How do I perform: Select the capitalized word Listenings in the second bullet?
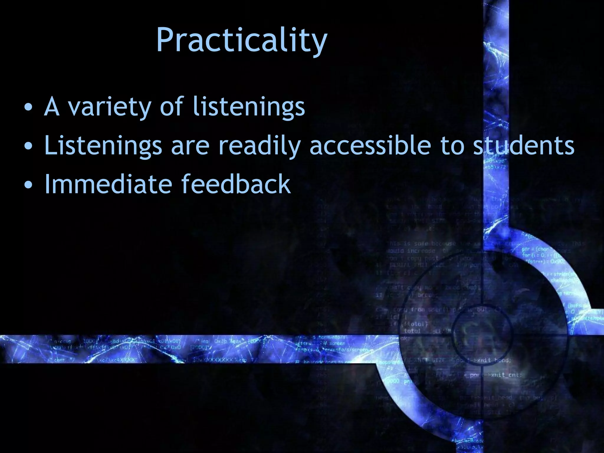click(103, 146)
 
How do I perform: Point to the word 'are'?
click(190, 147)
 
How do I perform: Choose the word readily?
click(260, 146)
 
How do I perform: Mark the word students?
click(524, 145)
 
